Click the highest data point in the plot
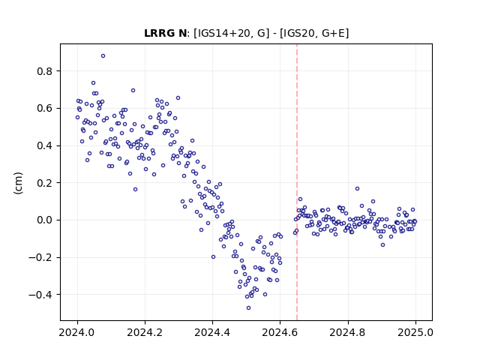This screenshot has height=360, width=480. click(x=103, y=55)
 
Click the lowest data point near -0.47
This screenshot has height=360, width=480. click(x=248, y=307)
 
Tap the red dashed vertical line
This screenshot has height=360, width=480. click(x=297, y=182)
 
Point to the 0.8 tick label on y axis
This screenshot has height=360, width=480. click(x=45, y=71)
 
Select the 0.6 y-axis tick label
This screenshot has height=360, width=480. click(x=45, y=109)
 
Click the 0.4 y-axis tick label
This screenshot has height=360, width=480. click(x=45, y=145)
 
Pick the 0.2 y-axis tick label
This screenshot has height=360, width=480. click(x=45, y=183)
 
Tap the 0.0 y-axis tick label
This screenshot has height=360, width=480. click(x=45, y=220)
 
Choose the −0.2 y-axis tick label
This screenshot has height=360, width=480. click(x=40, y=257)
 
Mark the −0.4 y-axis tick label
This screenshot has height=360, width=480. click(x=40, y=295)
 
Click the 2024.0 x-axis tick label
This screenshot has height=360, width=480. click(x=77, y=332)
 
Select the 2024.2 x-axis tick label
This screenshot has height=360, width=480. click(x=145, y=332)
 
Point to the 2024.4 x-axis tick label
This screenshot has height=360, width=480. click(x=212, y=332)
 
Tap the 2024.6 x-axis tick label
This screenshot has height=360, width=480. click(x=280, y=332)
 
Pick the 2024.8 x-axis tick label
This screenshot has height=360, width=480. click(x=348, y=332)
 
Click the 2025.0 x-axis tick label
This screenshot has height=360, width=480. click(x=415, y=332)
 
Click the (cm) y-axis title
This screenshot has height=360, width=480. click(x=18, y=183)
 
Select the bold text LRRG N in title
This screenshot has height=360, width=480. click(x=165, y=33)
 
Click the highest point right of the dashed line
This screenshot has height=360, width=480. click(x=357, y=188)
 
